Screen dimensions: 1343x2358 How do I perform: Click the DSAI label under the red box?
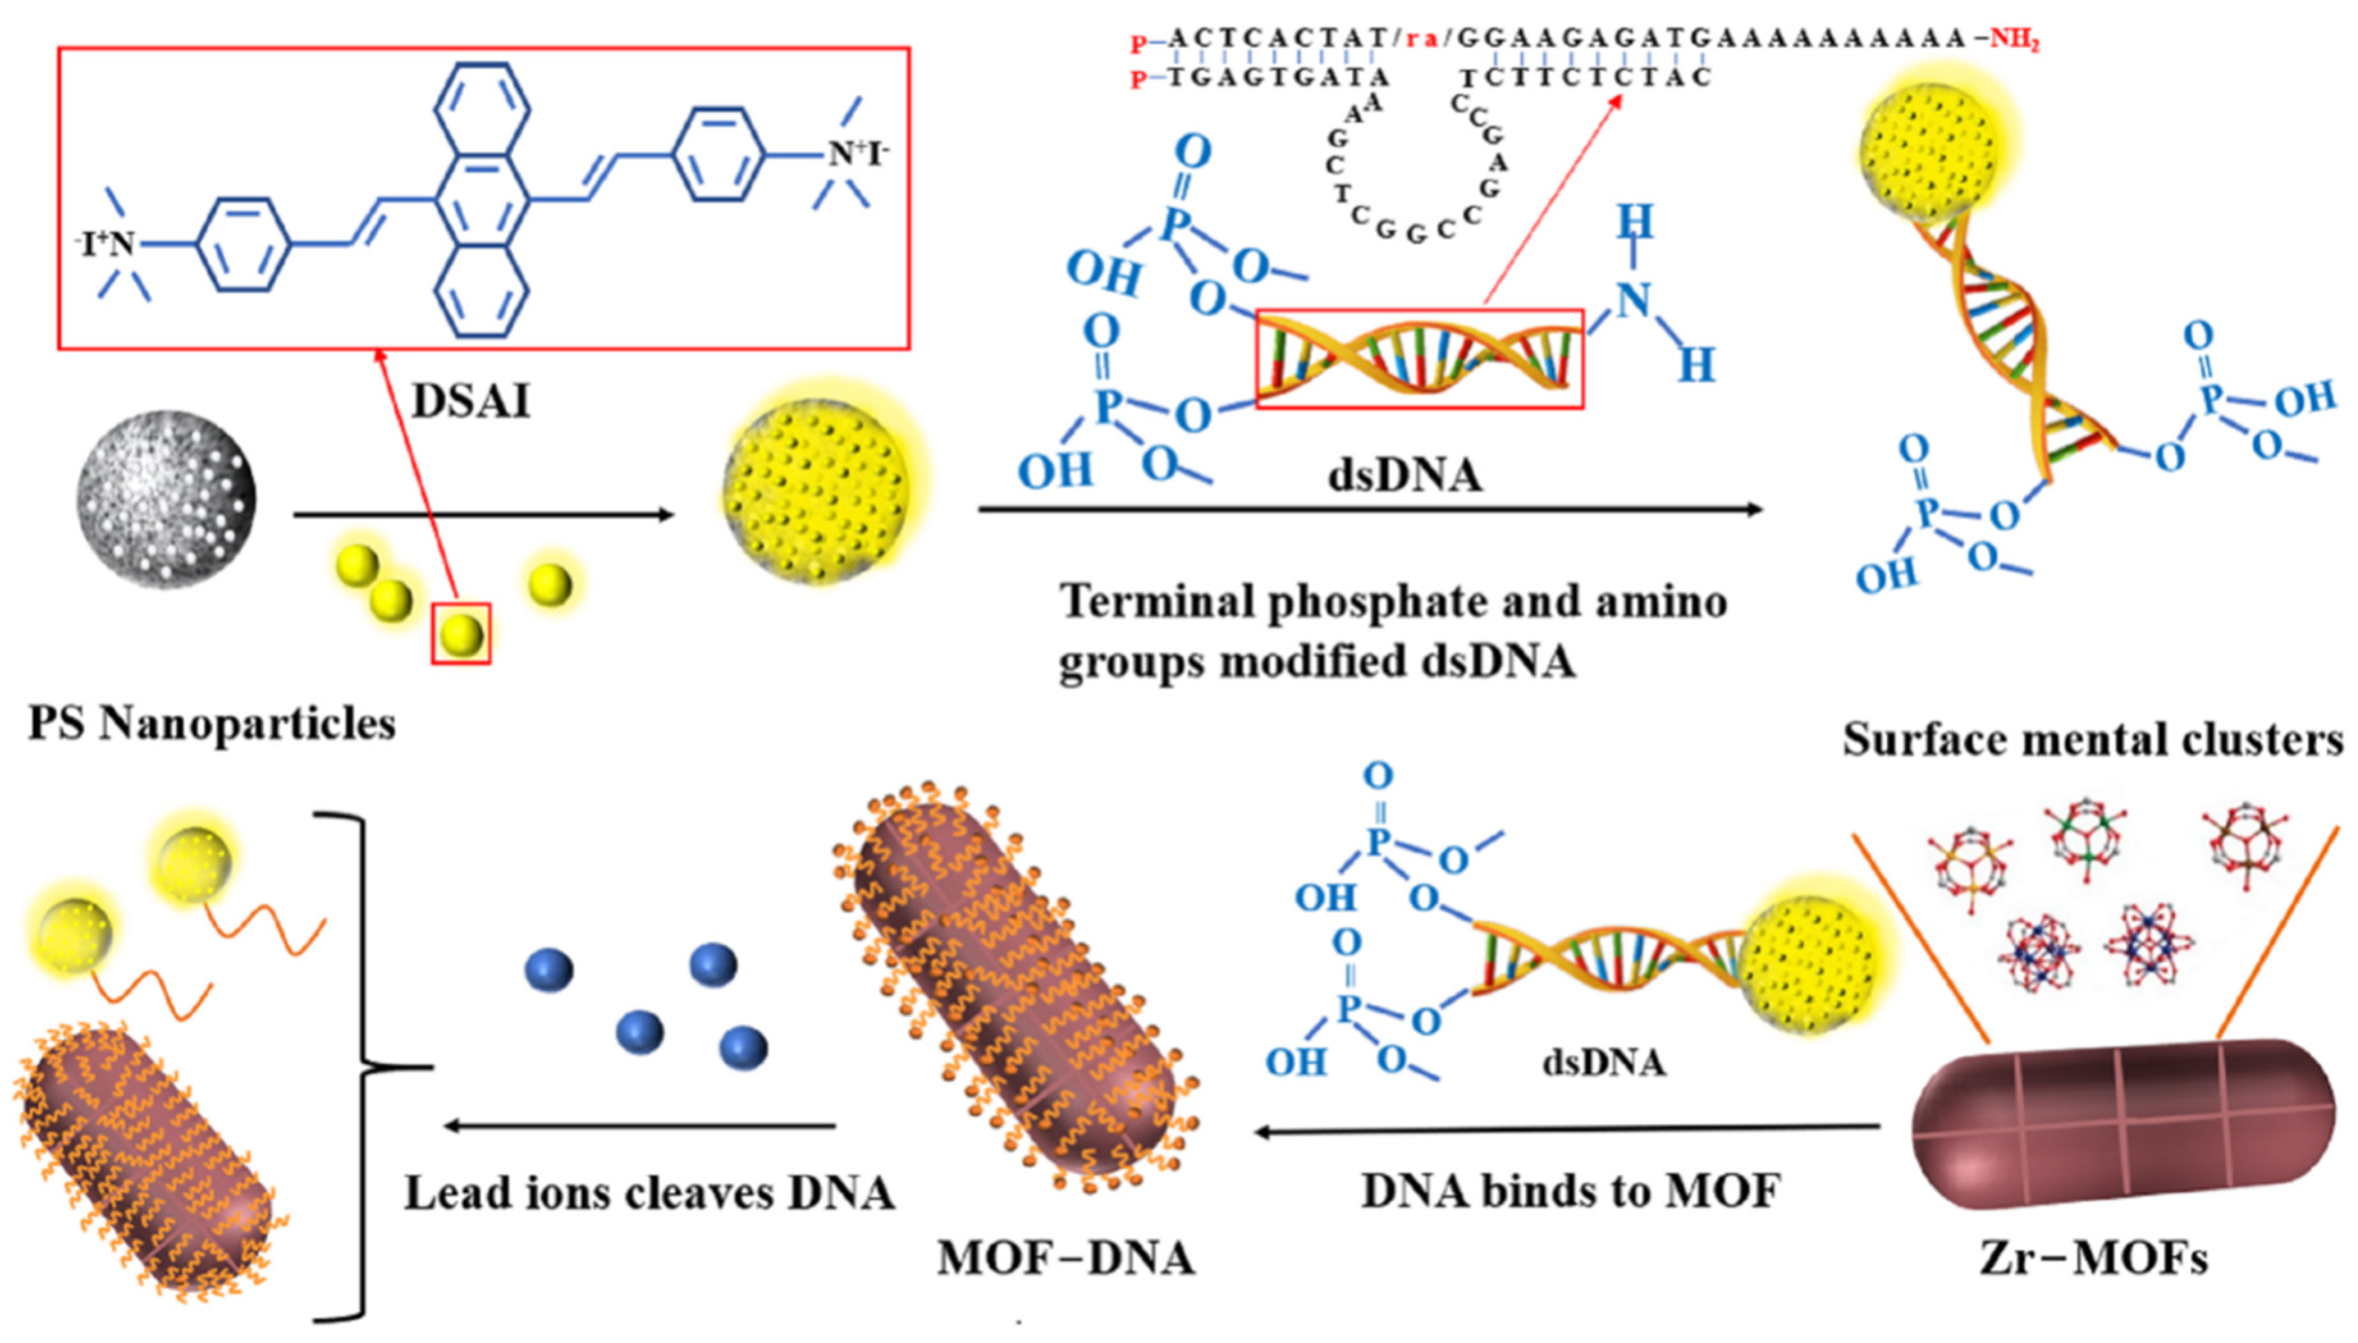click(470, 401)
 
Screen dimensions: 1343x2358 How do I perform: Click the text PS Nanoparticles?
click(212, 724)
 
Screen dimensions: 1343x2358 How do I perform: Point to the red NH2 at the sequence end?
click(2014, 40)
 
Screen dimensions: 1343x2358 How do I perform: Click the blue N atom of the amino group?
click(1634, 300)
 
